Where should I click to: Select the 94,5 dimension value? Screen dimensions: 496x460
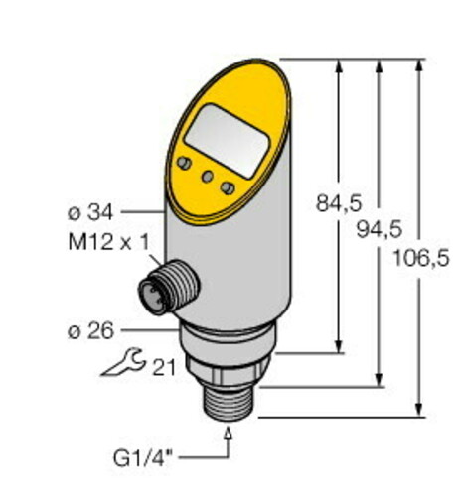coord(377,230)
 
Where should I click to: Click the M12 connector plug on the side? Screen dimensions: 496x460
coord(165,287)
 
